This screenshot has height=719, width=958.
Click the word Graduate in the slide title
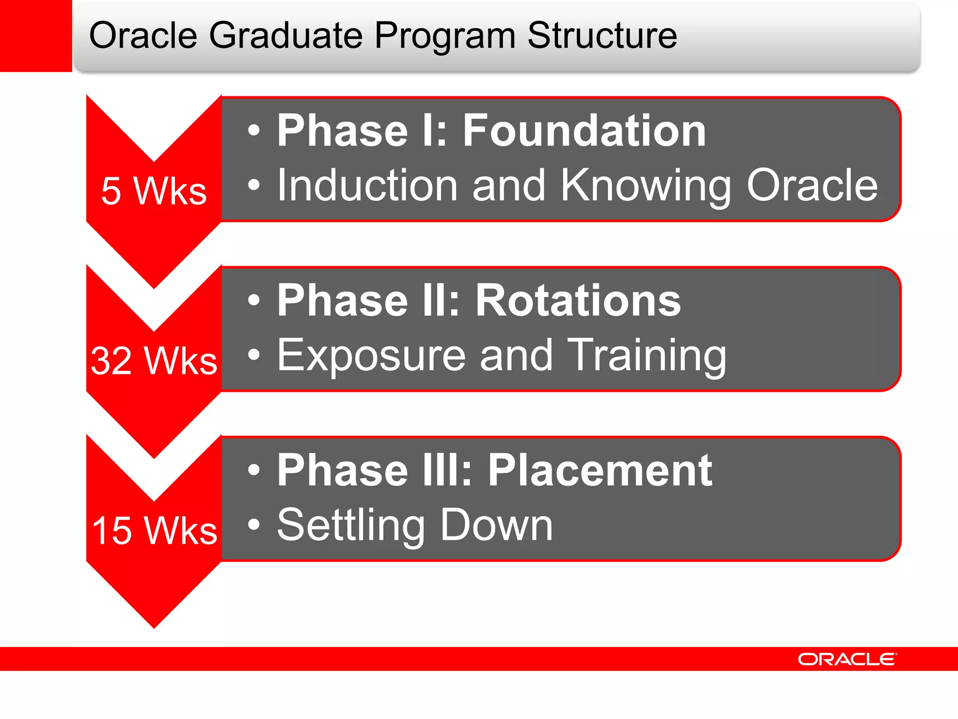pos(285,36)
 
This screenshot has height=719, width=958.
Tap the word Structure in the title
pos(602,36)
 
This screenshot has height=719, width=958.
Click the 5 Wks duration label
pos(154,191)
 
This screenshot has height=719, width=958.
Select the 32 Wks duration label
pos(154,361)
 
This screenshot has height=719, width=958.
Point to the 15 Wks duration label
pos(154,530)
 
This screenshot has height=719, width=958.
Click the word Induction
pos(367,186)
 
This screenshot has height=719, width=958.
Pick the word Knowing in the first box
pos(646,187)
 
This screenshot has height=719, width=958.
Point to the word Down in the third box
pos(496,525)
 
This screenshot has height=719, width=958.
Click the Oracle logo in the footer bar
pos(847,659)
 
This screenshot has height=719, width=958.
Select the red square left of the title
pos(36,36)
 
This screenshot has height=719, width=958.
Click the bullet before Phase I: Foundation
pos(254,131)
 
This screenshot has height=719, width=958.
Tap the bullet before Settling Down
pos(254,525)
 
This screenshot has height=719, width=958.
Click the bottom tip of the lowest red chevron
pos(154,626)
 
